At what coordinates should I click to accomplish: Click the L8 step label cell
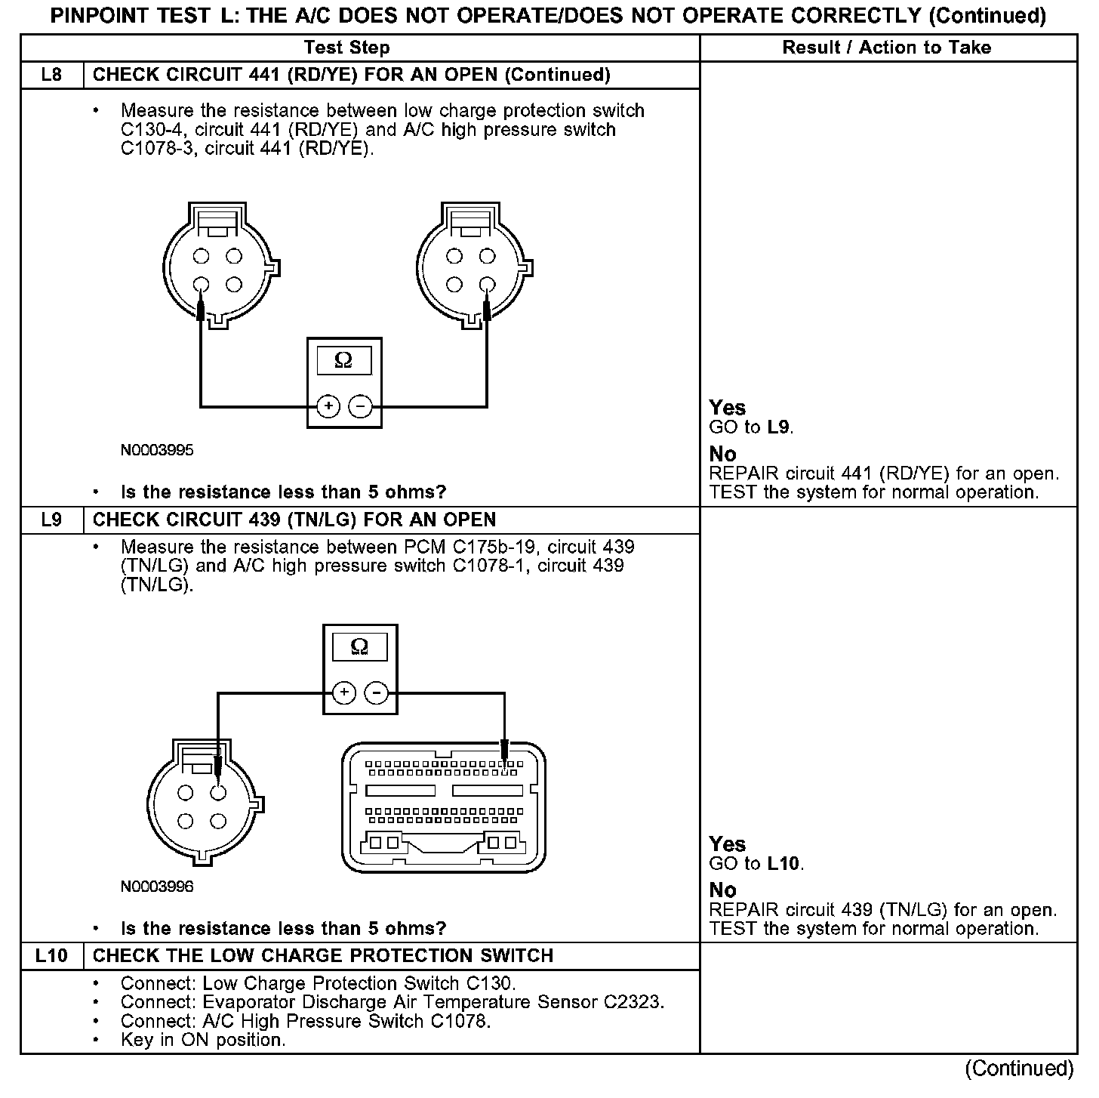pyautogui.click(x=51, y=75)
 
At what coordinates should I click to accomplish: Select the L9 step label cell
pyautogui.click(x=51, y=520)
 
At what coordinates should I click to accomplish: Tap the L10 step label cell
pyautogui.click(x=51, y=956)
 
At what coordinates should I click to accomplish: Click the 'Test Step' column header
pyautogui.click(x=346, y=48)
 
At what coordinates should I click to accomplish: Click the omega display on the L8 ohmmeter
pyautogui.click(x=343, y=360)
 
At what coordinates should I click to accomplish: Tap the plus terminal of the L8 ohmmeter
pyautogui.click(x=328, y=406)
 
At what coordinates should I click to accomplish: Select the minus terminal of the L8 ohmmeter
pyautogui.click(x=360, y=406)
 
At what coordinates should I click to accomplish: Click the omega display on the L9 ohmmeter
pyautogui.click(x=359, y=646)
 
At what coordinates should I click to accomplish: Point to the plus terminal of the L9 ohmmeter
pyautogui.click(x=343, y=692)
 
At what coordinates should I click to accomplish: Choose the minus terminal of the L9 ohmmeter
pyautogui.click(x=377, y=692)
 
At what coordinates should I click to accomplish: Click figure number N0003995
pyautogui.click(x=157, y=451)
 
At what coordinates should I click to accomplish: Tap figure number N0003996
pyautogui.click(x=157, y=887)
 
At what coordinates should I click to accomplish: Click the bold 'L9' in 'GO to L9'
pyautogui.click(x=779, y=427)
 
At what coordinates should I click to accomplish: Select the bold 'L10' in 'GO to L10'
pyautogui.click(x=783, y=863)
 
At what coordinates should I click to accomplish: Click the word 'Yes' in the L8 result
pyautogui.click(x=727, y=408)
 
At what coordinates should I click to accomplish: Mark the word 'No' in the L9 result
pyautogui.click(x=722, y=890)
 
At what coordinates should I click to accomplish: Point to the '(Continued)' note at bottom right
pyautogui.click(x=1019, y=1069)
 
